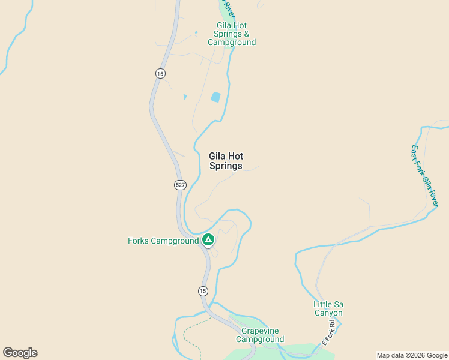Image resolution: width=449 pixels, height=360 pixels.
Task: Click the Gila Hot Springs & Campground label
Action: (x=232, y=34)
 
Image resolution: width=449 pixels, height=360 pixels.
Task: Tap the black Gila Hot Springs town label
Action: (x=226, y=161)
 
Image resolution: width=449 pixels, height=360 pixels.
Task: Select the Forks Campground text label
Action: (x=163, y=241)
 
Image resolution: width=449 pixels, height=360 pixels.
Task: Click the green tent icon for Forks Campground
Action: (x=208, y=241)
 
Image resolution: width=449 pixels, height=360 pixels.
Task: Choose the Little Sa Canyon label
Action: (x=328, y=308)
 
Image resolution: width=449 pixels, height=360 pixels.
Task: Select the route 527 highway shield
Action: (x=181, y=185)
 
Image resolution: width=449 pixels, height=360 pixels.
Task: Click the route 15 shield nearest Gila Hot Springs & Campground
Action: (x=160, y=73)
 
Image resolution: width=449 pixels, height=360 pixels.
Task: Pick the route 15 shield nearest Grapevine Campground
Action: (x=203, y=291)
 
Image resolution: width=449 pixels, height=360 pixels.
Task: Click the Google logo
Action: (x=20, y=353)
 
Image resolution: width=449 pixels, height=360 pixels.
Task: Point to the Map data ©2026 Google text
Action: (x=412, y=355)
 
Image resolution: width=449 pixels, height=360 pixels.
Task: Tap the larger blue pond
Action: (x=215, y=97)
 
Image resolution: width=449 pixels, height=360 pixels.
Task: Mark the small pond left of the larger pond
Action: (x=185, y=97)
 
